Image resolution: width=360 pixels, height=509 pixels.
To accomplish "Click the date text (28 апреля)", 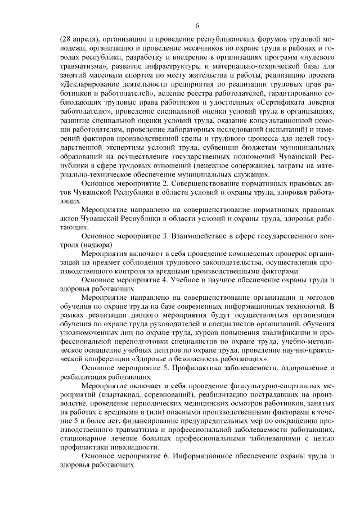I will click(79, 39).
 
